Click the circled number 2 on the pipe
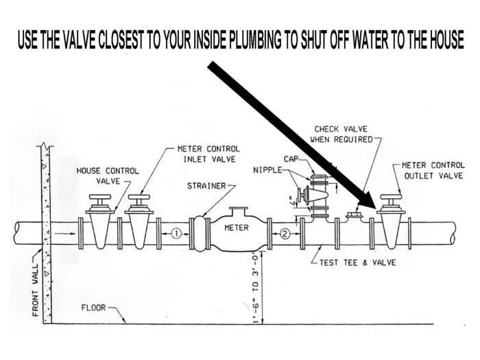[285, 233]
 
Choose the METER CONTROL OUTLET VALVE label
[432, 170]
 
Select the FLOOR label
[93, 308]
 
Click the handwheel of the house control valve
[99, 200]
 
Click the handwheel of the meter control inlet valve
[139, 200]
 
